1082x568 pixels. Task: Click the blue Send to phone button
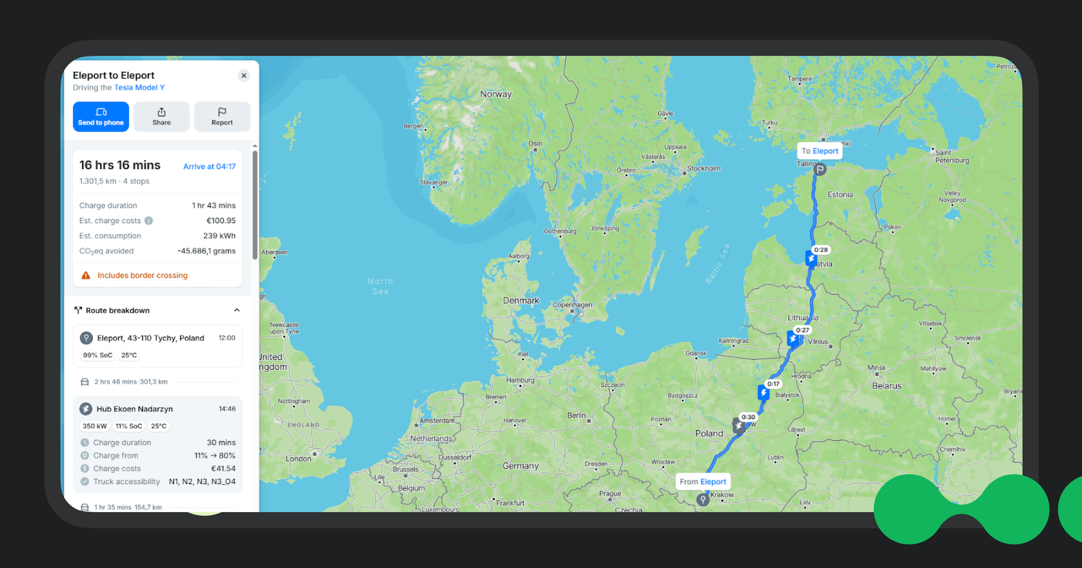pos(101,117)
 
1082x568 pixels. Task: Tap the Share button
pos(161,117)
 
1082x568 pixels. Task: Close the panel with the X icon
pos(244,75)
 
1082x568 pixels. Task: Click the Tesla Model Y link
pos(139,87)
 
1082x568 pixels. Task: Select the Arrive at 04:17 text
pos(209,166)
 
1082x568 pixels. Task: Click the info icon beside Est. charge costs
pos(149,220)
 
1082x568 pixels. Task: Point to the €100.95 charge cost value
pos(221,220)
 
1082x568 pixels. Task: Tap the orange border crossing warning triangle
pos(86,275)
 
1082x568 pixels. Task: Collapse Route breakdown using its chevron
pos(237,310)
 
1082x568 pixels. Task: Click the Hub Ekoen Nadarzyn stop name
pos(134,409)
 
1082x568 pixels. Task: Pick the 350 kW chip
pos(95,426)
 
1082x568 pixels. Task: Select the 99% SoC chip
pos(97,355)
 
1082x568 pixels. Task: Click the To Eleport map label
pos(820,151)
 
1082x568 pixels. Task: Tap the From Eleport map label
pos(703,481)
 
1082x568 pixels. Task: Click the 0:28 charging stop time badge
pos(821,250)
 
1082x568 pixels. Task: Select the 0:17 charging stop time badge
pos(773,384)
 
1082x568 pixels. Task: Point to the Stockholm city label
pos(703,169)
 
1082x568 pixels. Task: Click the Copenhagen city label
pos(572,305)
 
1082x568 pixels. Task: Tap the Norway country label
pos(496,94)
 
